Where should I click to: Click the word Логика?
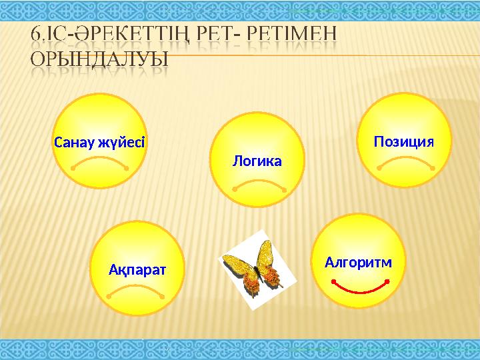tap(257, 161)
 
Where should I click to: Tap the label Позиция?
tap(404, 141)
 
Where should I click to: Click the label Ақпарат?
tap(137, 269)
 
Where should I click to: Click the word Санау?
tap(74, 142)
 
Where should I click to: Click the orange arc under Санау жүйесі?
tap(99, 162)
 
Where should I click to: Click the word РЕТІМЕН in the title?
tap(293, 35)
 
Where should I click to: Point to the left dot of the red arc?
tap(332, 281)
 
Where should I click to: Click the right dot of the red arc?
tap(388, 281)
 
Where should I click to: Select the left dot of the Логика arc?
tap(235, 190)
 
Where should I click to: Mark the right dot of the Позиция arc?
tap(433, 168)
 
